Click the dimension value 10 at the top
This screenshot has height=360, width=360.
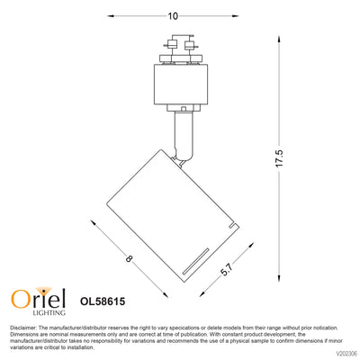173,16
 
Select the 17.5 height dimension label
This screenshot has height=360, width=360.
279,158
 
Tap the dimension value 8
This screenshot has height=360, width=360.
129,258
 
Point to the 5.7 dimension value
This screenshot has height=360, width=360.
227,269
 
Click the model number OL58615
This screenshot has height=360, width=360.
103,301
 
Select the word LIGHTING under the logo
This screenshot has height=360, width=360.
49,312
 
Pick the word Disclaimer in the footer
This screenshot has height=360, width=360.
23,328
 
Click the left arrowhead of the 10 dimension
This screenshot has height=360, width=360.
111,16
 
